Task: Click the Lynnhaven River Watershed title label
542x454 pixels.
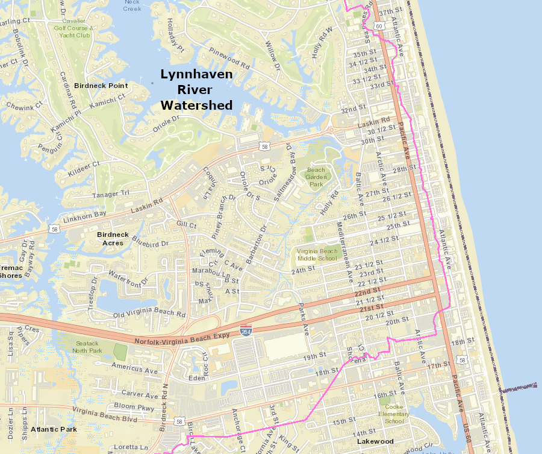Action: click(x=196, y=90)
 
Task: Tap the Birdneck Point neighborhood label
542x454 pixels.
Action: click(x=101, y=86)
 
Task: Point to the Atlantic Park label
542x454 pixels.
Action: click(x=54, y=429)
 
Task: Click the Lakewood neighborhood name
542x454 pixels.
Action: click(x=375, y=441)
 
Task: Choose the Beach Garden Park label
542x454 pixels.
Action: click(x=316, y=177)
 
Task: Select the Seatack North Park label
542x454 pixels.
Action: click(x=87, y=347)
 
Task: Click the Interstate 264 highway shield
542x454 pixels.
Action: click(x=246, y=331)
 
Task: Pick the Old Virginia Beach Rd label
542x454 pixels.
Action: click(x=149, y=314)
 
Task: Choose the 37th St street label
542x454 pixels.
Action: click(x=390, y=12)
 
